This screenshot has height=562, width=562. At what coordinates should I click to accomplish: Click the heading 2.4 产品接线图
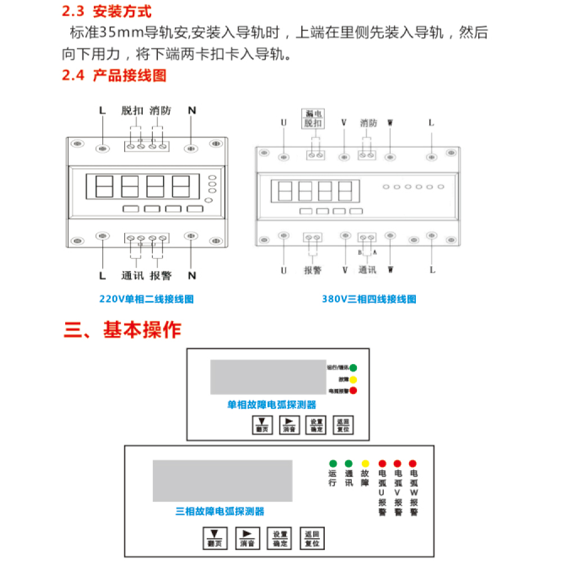(x=114, y=75)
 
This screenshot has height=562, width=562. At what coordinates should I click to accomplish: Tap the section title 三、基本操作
(x=122, y=330)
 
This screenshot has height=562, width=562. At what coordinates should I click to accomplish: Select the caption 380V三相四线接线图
(x=369, y=299)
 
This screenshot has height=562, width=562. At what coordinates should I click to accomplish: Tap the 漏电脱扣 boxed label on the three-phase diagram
(x=313, y=118)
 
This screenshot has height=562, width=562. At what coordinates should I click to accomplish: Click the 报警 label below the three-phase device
(x=312, y=270)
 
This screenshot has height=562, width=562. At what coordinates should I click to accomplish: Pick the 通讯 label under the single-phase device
(x=133, y=276)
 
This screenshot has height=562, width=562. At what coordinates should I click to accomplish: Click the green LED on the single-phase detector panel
(x=353, y=368)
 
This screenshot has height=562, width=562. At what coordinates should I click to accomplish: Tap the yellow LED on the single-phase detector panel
(x=353, y=379)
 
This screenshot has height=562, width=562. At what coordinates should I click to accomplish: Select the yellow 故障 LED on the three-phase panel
(x=365, y=464)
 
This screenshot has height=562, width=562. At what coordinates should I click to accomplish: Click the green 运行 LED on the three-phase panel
(x=333, y=464)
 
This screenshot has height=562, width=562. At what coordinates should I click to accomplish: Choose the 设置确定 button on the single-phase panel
(x=316, y=425)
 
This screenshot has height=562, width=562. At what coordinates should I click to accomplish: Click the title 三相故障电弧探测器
(x=220, y=511)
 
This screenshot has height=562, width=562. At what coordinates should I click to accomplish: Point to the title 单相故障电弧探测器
(x=271, y=405)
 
